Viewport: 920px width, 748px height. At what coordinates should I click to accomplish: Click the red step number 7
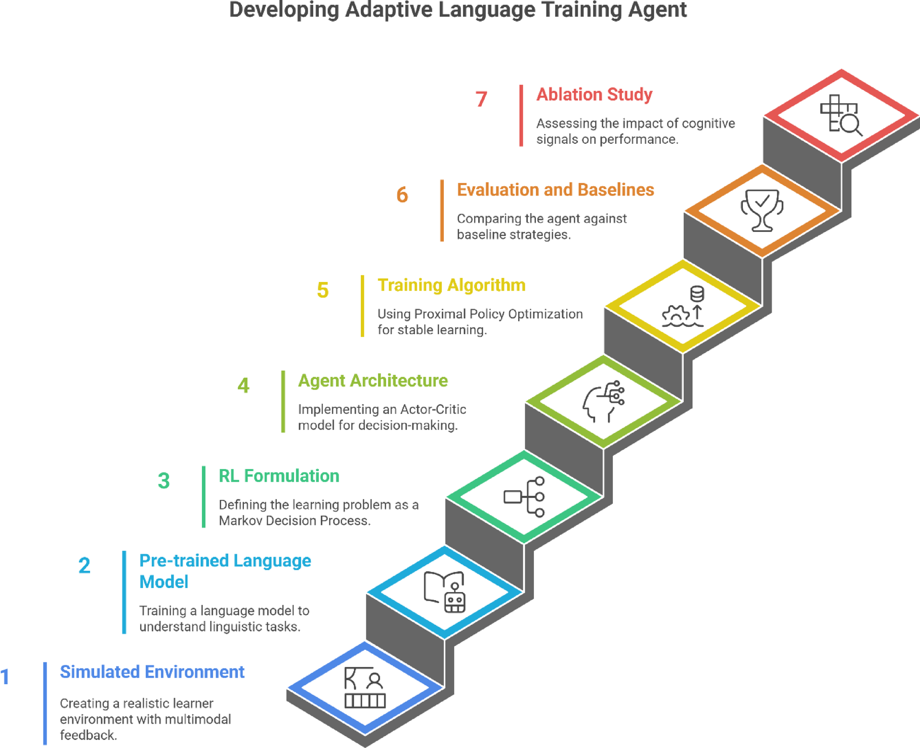click(x=481, y=99)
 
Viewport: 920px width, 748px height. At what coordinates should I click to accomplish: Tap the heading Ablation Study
click(x=594, y=95)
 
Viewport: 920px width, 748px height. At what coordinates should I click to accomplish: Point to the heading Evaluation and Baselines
click(x=555, y=190)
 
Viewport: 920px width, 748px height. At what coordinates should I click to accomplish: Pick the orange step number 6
click(x=402, y=195)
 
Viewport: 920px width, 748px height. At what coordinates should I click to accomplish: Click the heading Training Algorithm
click(x=451, y=285)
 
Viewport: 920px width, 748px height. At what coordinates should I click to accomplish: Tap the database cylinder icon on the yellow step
click(x=697, y=294)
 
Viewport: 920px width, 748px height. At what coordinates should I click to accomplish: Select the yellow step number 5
click(x=323, y=290)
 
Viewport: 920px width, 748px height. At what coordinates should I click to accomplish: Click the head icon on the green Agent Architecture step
click(x=603, y=402)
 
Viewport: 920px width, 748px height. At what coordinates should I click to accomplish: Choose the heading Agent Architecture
click(x=372, y=381)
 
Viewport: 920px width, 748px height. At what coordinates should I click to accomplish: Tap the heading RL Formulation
click(x=279, y=476)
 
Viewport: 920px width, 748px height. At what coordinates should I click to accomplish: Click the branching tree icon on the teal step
click(x=524, y=497)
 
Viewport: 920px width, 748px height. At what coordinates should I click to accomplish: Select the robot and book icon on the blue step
click(x=445, y=592)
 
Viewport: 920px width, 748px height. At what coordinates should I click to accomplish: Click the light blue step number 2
click(x=85, y=565)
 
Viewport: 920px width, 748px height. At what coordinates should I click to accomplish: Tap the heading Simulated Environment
click(x=152, y=672)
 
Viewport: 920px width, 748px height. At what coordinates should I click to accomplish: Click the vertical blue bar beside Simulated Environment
click(x=45, y=703)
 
